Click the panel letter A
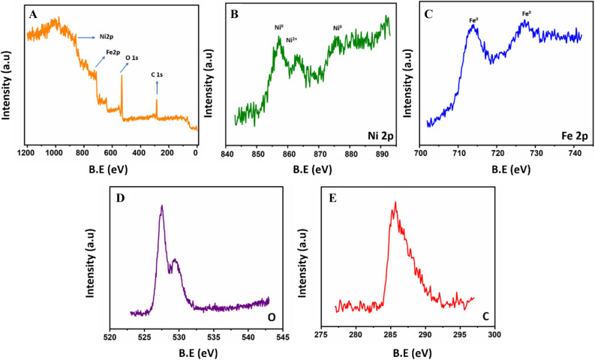coord(32,14)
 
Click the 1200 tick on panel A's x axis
coord(26,152)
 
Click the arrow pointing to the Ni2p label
coord(86,35)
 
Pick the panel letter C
coord(429,14)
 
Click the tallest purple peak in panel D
coord(161,207)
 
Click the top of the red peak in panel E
coord(395,202)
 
